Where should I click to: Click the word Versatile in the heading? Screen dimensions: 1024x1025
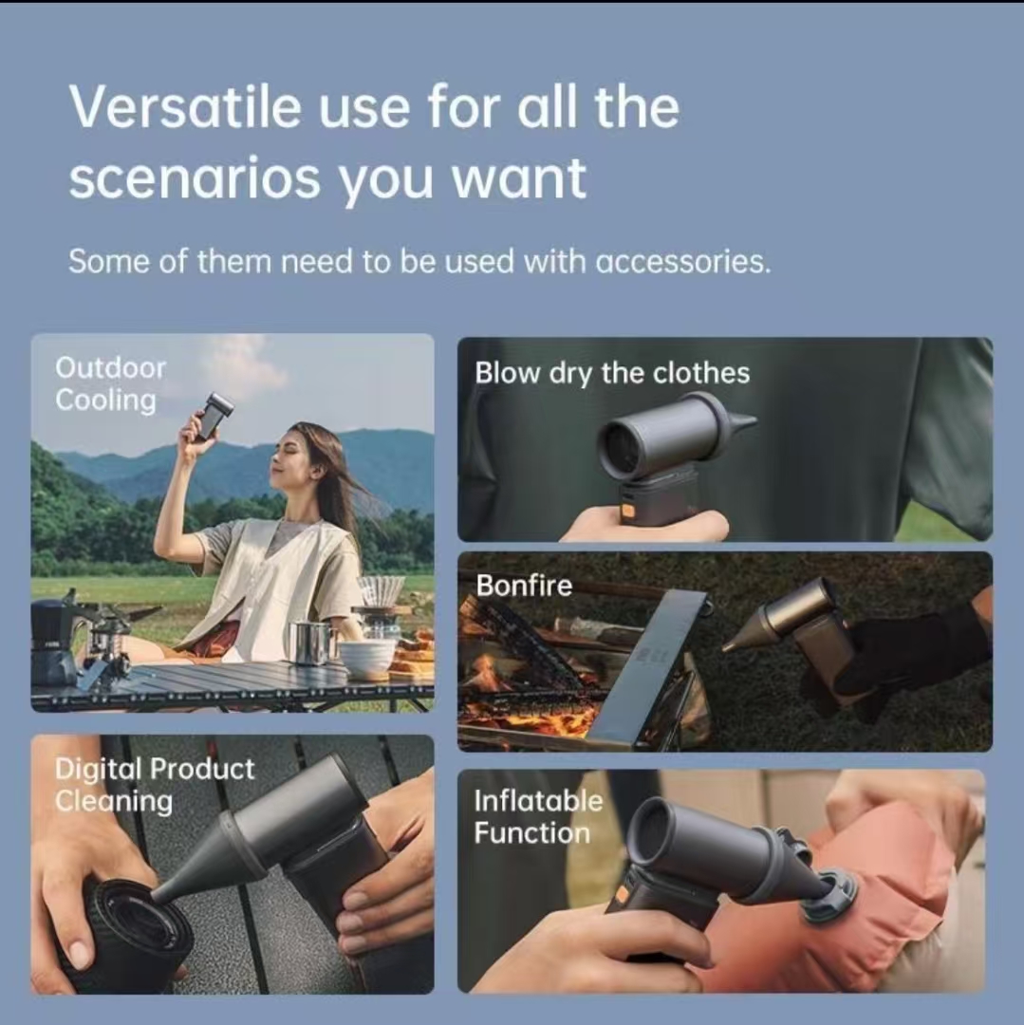tap(185, 106)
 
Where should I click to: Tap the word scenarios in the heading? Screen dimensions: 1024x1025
tap(195, 177)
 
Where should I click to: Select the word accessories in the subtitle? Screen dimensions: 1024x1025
tap(683, 262)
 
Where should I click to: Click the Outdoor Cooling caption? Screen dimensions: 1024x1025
tap(110, 384)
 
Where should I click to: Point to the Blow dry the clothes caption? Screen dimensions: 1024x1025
tap(612, 373)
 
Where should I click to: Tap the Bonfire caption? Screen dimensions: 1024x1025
tap(524, 585)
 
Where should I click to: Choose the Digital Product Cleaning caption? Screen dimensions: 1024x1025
tap(155, 785)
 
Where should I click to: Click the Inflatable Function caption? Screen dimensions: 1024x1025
tap(538, 816)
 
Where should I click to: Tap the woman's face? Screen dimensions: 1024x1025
tap(289, 458)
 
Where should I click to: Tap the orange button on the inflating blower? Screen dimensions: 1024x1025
tap(622, 893)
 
